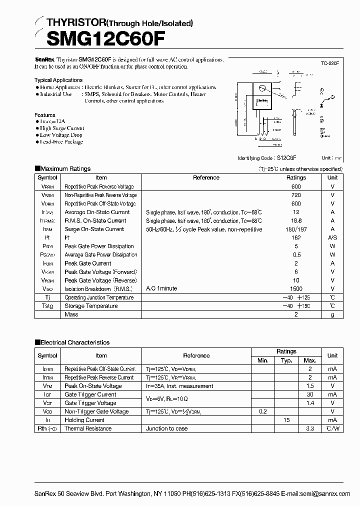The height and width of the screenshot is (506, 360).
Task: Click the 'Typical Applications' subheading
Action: (x=58, y=80)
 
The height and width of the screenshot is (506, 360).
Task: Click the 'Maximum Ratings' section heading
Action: (x=65, y=169)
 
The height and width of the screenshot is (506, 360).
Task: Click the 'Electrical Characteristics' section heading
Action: (x=74, y=342)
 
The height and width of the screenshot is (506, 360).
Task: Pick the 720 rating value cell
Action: (x=296, y=195)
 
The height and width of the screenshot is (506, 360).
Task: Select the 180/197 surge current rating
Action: (x=296, y=229)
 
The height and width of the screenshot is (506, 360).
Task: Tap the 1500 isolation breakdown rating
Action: (x=296, y=288)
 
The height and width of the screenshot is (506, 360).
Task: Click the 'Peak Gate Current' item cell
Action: (x=88, y=263)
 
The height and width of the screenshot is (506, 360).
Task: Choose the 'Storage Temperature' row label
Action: (x=91, y=305)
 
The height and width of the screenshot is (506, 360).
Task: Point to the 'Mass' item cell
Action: (x=71, y=314)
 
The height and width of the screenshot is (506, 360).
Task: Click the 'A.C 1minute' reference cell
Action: (x=161, y=288)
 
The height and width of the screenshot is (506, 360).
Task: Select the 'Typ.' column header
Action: (x=286, y=360)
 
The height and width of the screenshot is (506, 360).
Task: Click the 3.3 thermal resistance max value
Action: (x=310, y=428)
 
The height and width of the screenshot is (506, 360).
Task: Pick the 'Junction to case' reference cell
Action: (x=167, y=428)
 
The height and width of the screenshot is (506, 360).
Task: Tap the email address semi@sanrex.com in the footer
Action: (x=325, y=479)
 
